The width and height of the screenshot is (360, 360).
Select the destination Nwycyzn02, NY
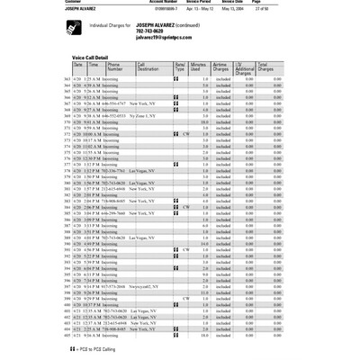click(147, 285)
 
